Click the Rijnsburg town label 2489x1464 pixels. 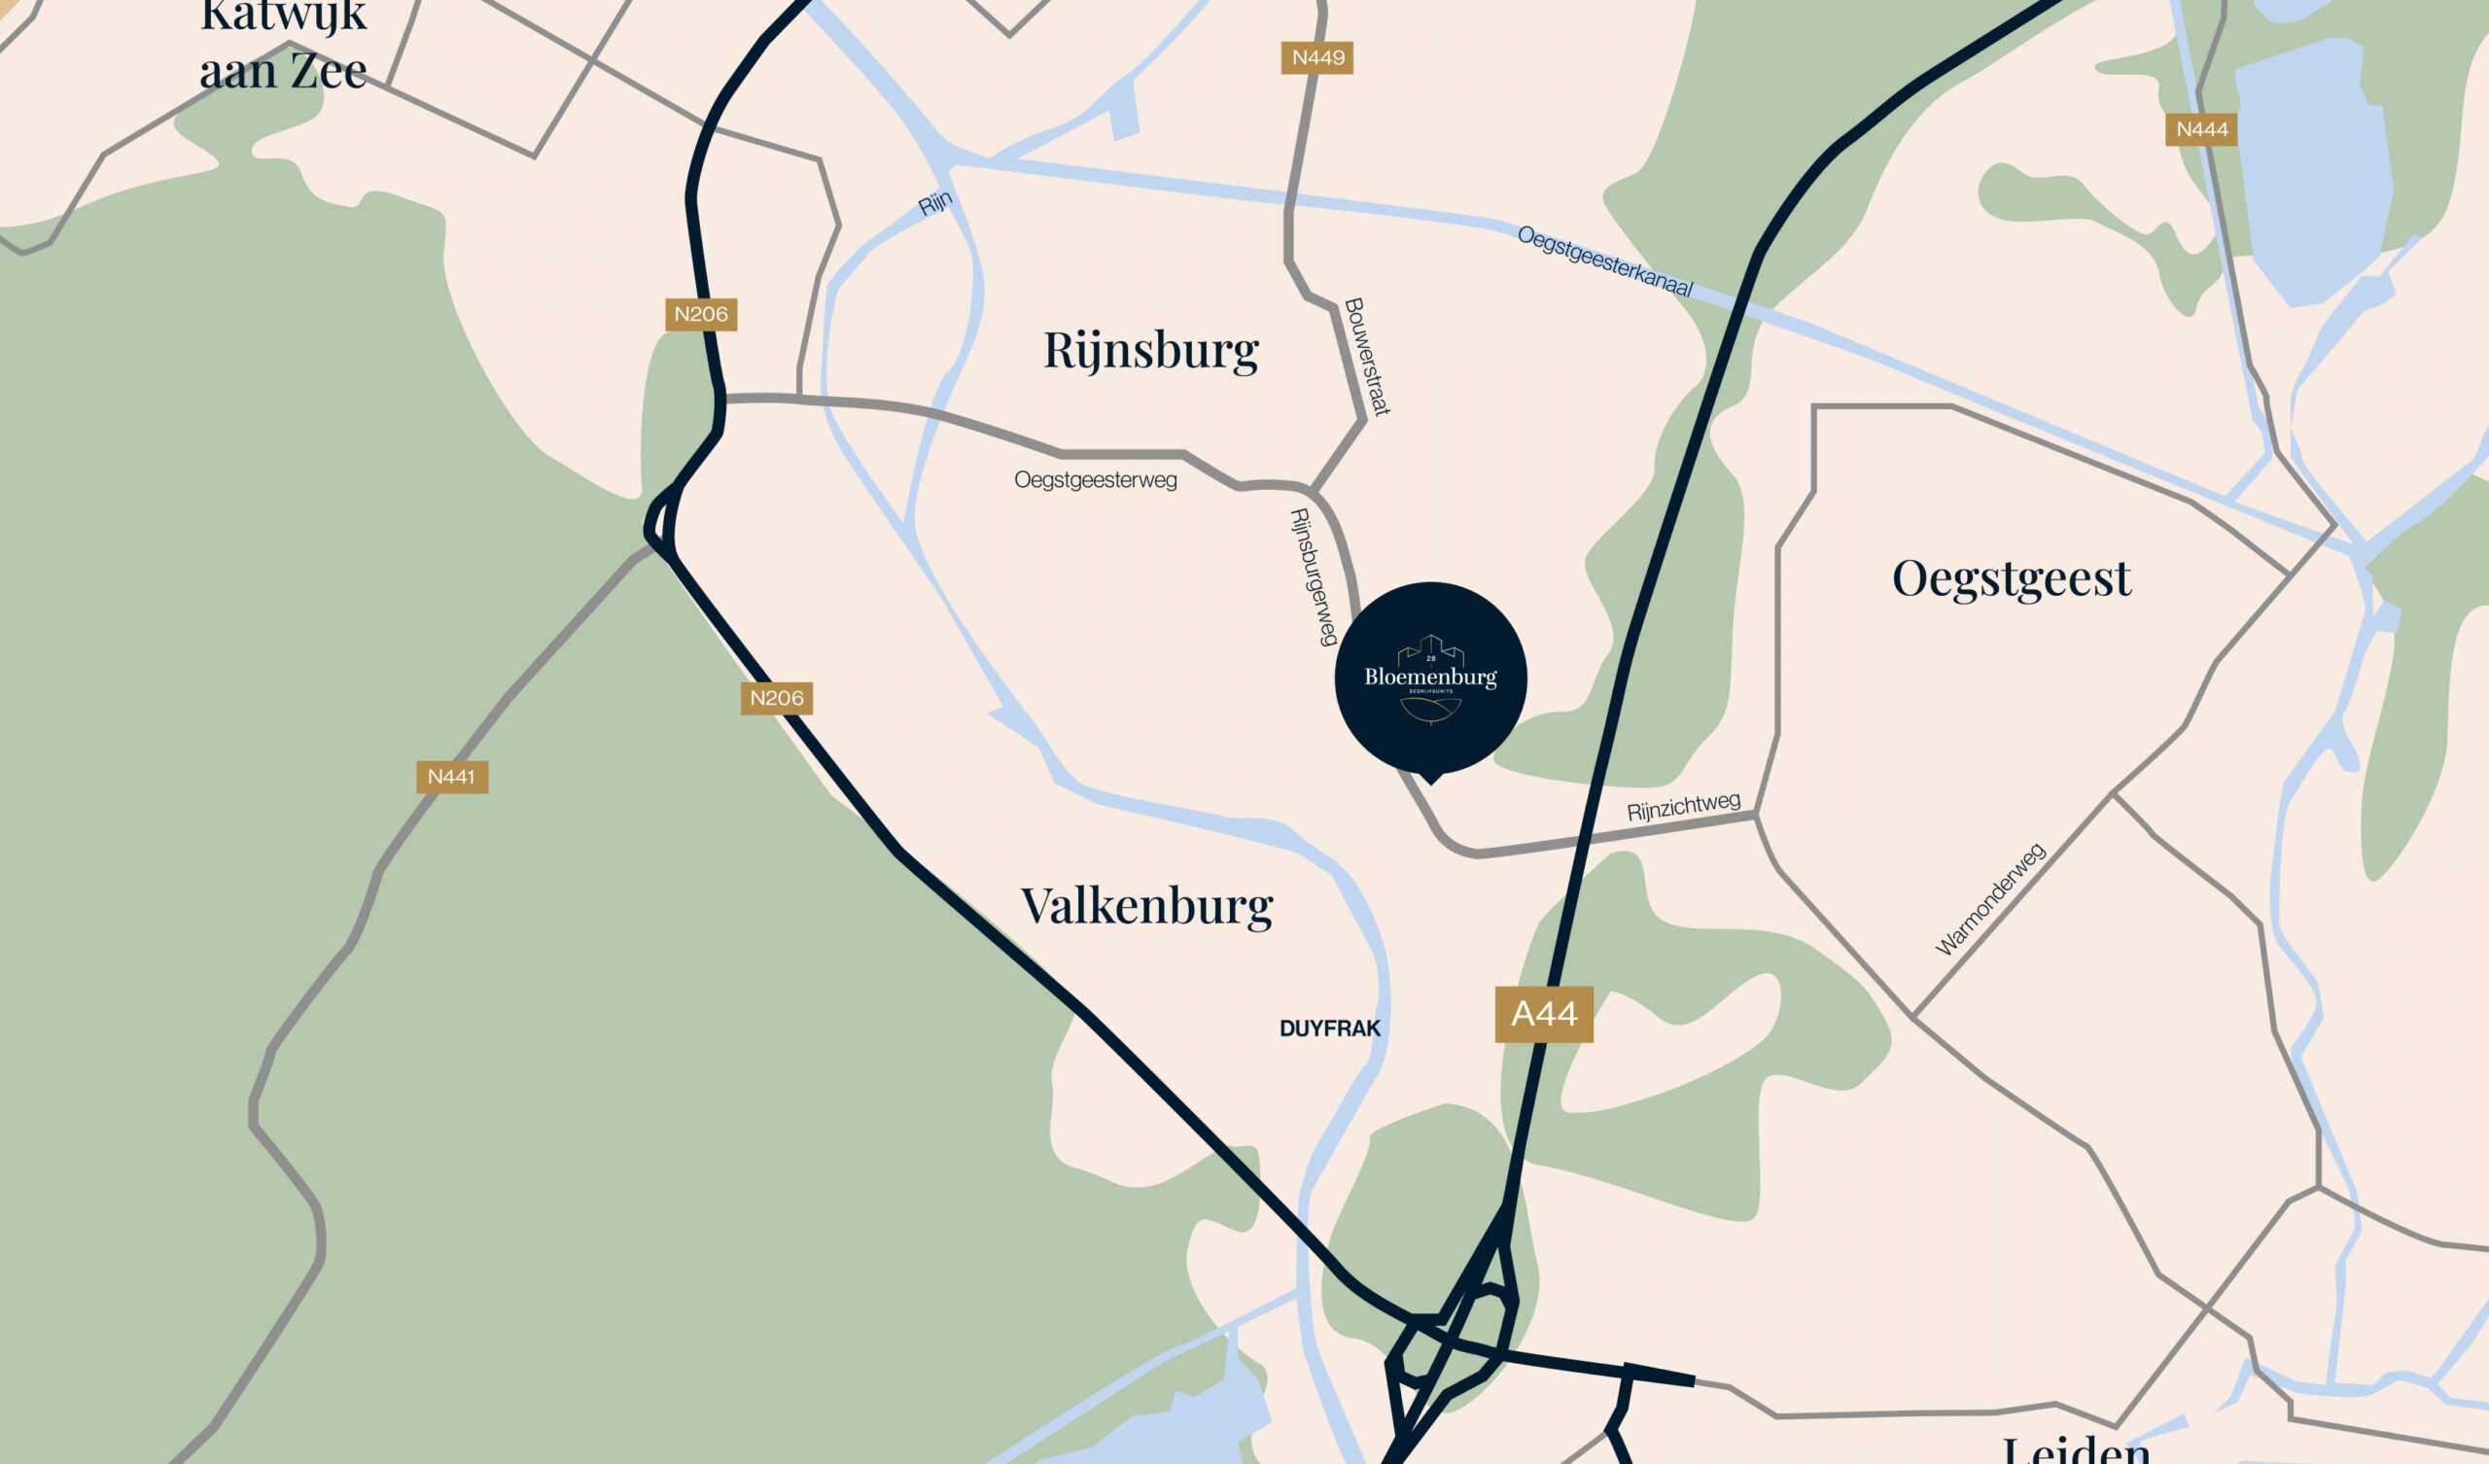[x=1150, y=350]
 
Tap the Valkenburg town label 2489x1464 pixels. [x=1146, y=906]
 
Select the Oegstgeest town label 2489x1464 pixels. [x=2011, y=577]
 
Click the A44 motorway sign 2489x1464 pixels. [x=1544, y=1014]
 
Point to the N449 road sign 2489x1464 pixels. [x=1316, y=57]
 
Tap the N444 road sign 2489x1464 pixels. [x=2200, y=129]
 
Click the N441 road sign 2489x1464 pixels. [x=451, y=777]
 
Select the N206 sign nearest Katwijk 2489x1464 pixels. [x=700, y=314]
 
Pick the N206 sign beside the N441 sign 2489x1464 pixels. [x=776, y=698]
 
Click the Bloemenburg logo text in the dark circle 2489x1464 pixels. [x=1430, y=677]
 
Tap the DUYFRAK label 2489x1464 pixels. [x=1329, y=1028]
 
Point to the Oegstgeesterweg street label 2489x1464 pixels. [x=1096, y=480]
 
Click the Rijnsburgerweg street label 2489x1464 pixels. [x=1314, y=576]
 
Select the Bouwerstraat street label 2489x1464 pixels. [x=1368, y=357]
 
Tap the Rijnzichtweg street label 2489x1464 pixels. [x=1683, y=806]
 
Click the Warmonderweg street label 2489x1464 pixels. [x=1989, y=899]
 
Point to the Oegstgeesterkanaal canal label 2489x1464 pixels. [x=1605, y=261]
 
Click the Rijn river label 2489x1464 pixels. [x=934, y=202]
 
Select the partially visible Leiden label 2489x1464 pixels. [x=2077, y=1450]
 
